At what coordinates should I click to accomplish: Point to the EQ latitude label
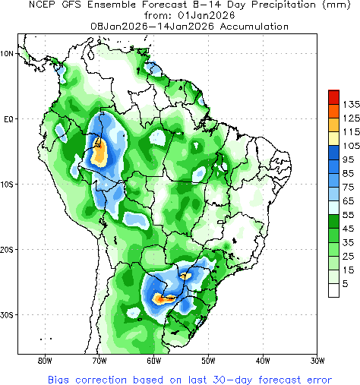point(8,119)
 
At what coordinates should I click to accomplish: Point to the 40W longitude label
point(263,360)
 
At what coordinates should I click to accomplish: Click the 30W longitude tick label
point(317,360)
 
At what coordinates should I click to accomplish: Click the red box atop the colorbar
point(333,96)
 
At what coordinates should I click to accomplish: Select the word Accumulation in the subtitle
point(250,26)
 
